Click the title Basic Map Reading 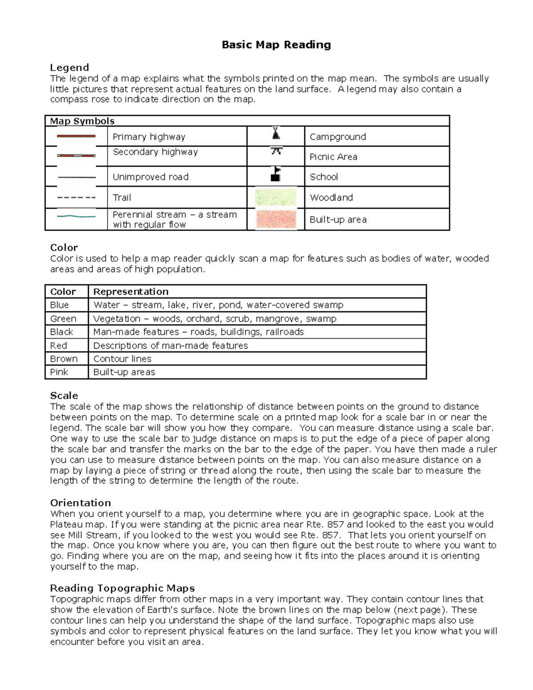point(276,45)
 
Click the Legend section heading point(69,68)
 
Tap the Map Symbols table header point(82,121)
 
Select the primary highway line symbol point(76,136)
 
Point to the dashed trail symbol point(76,197)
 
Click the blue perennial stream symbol point(76,216)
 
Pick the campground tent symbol point(276,133)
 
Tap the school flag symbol point(276,174)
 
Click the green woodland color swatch point(276,197)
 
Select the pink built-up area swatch point(276,219)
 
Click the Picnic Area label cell point(333,157)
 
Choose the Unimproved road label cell point(151,177)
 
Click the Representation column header point(131,291)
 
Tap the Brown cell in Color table point(64,359)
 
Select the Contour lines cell point(122,359)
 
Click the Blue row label point(60,305)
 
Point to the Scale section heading point(64,395)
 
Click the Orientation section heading point(80,503)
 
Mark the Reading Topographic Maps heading point(122,588)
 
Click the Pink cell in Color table point(59,372)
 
